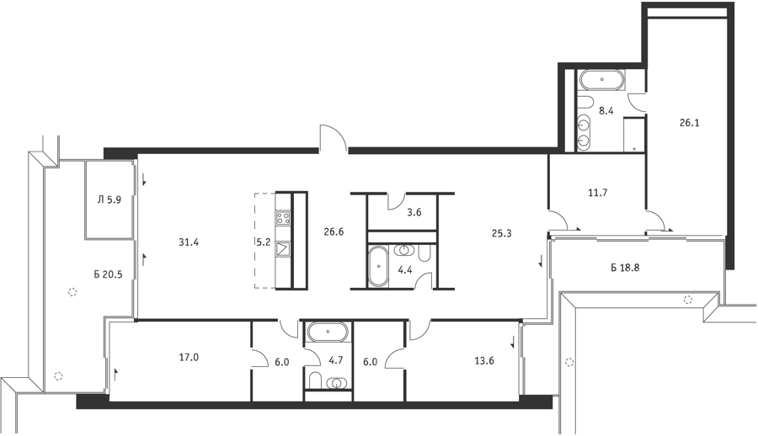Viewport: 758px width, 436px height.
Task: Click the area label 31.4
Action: (189, 242)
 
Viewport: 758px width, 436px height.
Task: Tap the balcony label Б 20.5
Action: (109, 274)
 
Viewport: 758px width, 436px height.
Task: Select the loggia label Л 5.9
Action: (109, 199)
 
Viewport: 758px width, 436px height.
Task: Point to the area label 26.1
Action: (689, 123)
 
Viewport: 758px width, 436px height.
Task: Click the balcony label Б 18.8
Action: (625, 268)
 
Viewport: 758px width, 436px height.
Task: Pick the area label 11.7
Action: (597, 193)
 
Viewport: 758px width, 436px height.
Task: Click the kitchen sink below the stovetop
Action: (283, 249)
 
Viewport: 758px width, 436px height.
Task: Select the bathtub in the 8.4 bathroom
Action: (602, 80)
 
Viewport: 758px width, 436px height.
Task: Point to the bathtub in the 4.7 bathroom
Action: (328, 332)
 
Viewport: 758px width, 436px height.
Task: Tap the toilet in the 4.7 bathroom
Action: (316, 380)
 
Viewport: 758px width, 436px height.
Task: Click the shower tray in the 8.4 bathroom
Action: (633, 134)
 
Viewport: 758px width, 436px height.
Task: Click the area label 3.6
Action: (414, 212)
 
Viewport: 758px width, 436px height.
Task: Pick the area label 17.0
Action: (189, 358)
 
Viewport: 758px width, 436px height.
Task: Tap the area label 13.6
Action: (484, 360)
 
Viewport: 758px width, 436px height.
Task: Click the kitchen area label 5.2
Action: (264, 242)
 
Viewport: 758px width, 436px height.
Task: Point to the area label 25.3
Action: (502, 233)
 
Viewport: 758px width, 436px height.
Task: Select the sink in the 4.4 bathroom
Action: (403, 250)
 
